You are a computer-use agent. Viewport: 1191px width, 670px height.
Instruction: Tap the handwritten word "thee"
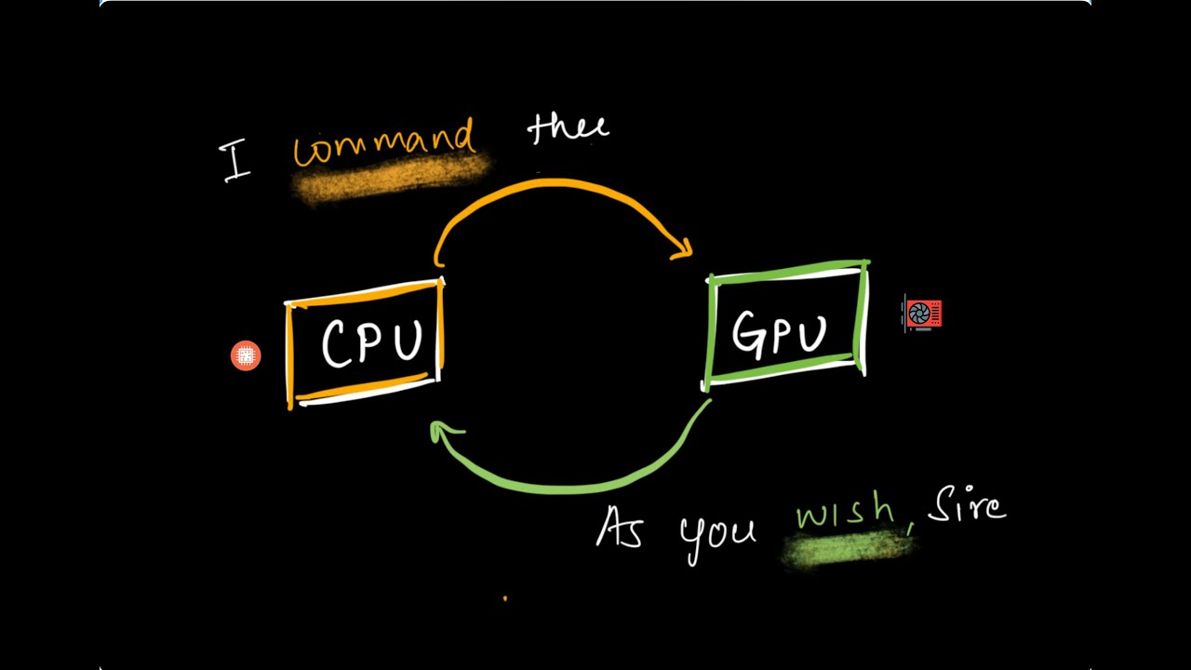(x=568, y=129)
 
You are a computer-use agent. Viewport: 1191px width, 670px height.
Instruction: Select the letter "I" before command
(x=236, y=162)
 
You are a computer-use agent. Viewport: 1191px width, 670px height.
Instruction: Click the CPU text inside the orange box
(x=371, y=342)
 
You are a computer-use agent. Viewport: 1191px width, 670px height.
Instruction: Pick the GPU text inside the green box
(x=780, y=332)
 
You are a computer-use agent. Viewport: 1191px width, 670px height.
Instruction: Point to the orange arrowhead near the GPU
(x=684, y=248)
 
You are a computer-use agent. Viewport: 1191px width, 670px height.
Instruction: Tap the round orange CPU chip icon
(x=246, y=355)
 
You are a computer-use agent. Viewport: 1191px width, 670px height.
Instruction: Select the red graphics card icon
(x=923, y=315)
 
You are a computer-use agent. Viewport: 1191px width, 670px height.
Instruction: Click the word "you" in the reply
(x=716, y=537)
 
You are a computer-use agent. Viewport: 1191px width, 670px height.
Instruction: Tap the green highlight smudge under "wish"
(x=847, y=548)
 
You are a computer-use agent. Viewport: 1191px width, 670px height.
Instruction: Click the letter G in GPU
(x=749, y=332)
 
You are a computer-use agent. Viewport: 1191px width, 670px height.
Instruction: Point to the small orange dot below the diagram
(x=505, y=598)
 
